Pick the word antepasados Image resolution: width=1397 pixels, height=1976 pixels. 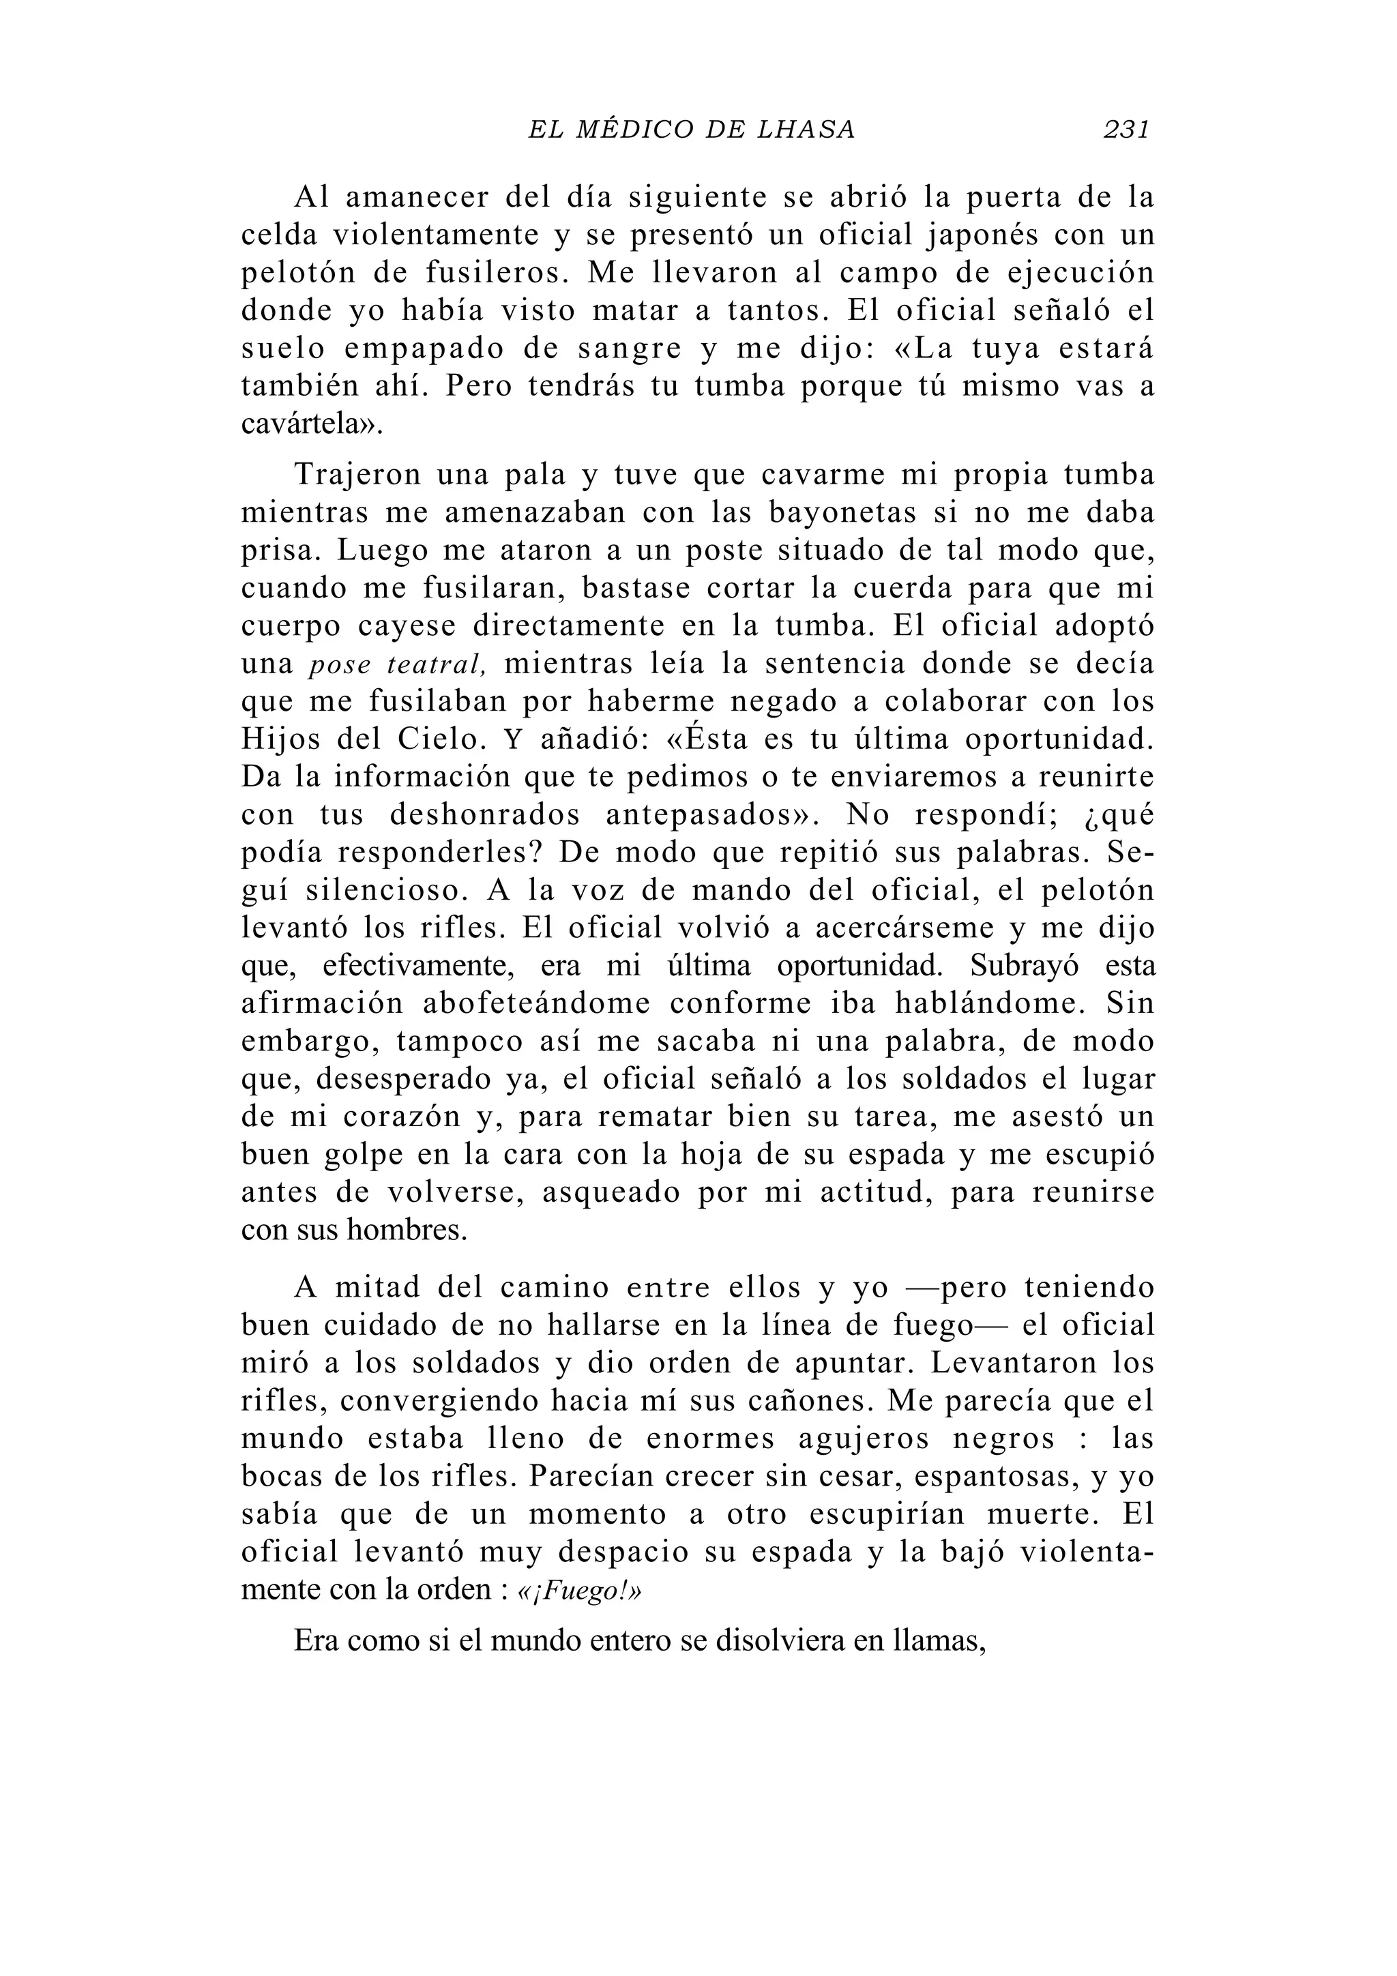point(697,816)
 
